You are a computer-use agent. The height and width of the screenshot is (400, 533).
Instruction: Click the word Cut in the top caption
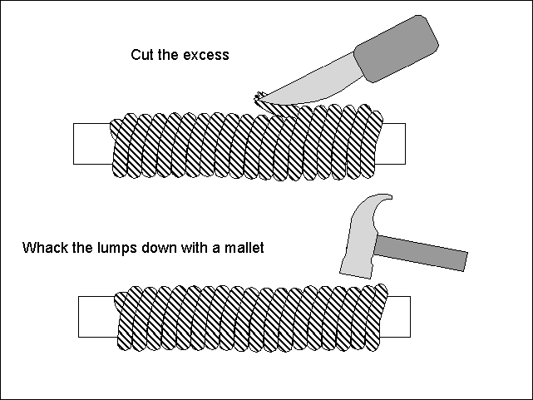(141, 55)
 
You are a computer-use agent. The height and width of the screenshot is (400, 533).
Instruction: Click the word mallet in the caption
(245, 247)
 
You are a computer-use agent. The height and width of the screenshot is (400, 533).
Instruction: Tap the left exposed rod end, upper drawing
(90, 144)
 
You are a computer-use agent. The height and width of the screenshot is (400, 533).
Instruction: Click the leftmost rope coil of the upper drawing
(121, 146)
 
